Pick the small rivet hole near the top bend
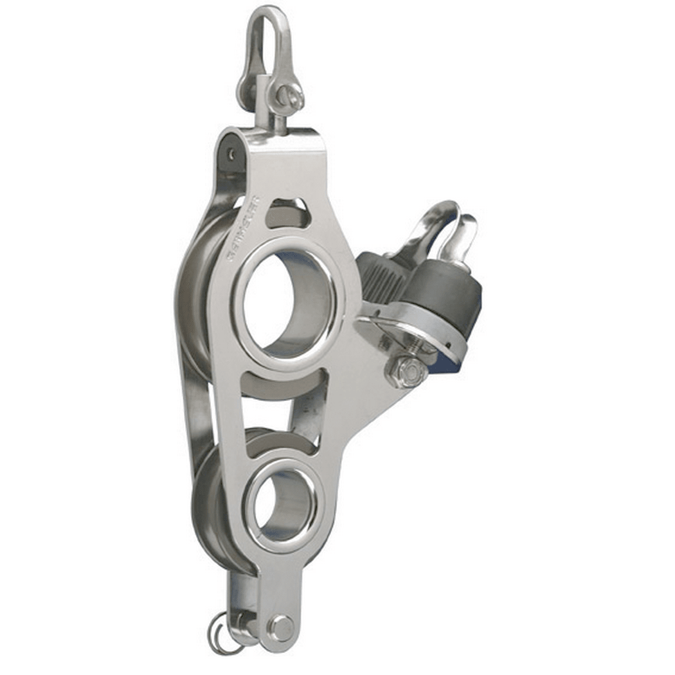[230, 154]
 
